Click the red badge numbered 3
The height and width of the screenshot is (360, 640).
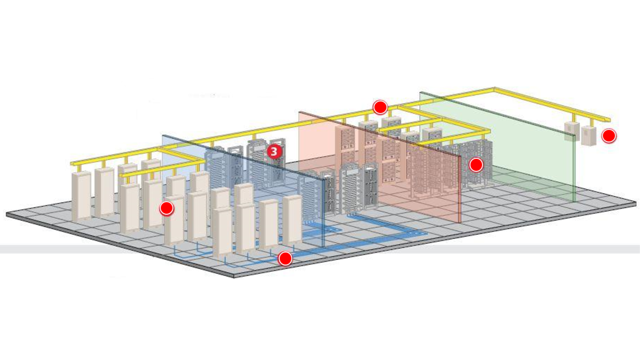click(274, 152)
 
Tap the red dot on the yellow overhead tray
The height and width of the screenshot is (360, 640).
click(380, 107)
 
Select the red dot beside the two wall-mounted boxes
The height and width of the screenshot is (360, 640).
click(609, 136)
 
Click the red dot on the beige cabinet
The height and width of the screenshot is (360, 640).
click(166, 208)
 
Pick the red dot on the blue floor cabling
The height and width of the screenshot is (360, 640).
click(285, 258)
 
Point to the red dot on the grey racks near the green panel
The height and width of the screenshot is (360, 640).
click(476, 165)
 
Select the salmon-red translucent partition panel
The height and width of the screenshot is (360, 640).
click(417, 173)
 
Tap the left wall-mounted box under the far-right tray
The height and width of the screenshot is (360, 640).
click(571, 131)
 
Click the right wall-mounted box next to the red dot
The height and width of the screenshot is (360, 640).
click(589, 135)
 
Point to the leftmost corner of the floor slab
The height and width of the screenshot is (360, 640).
click(7, 214)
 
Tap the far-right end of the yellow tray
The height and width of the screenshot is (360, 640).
click(609, 120)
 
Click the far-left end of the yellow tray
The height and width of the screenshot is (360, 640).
click(71, 163)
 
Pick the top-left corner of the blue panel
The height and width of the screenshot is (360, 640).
click(163, 135)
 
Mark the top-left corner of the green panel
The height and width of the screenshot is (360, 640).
click(420, 92)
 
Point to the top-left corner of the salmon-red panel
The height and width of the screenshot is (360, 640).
click(299, 112)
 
